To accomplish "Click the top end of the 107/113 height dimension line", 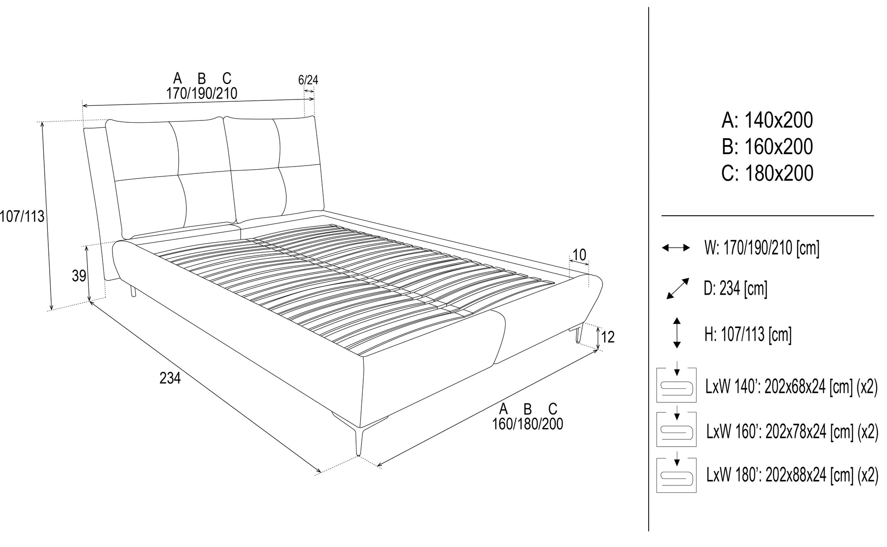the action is [x=42, y=122].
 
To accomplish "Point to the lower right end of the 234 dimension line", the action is [x=321, y=472].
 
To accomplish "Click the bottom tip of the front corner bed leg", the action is [x=359, y=455].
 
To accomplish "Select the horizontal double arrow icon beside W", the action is [x=676, y=248].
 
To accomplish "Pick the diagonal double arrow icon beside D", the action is [x=678, y=288].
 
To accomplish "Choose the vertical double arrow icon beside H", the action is [x=677, y=333].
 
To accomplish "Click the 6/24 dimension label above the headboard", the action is [x=308, y=80].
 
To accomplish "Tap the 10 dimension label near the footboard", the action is [x=579, y=255].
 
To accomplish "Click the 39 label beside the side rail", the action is [x=79, y=276].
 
